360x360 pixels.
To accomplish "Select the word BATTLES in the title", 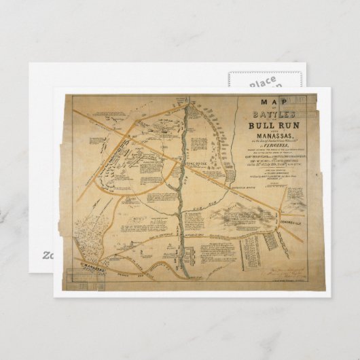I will [262, 116].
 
